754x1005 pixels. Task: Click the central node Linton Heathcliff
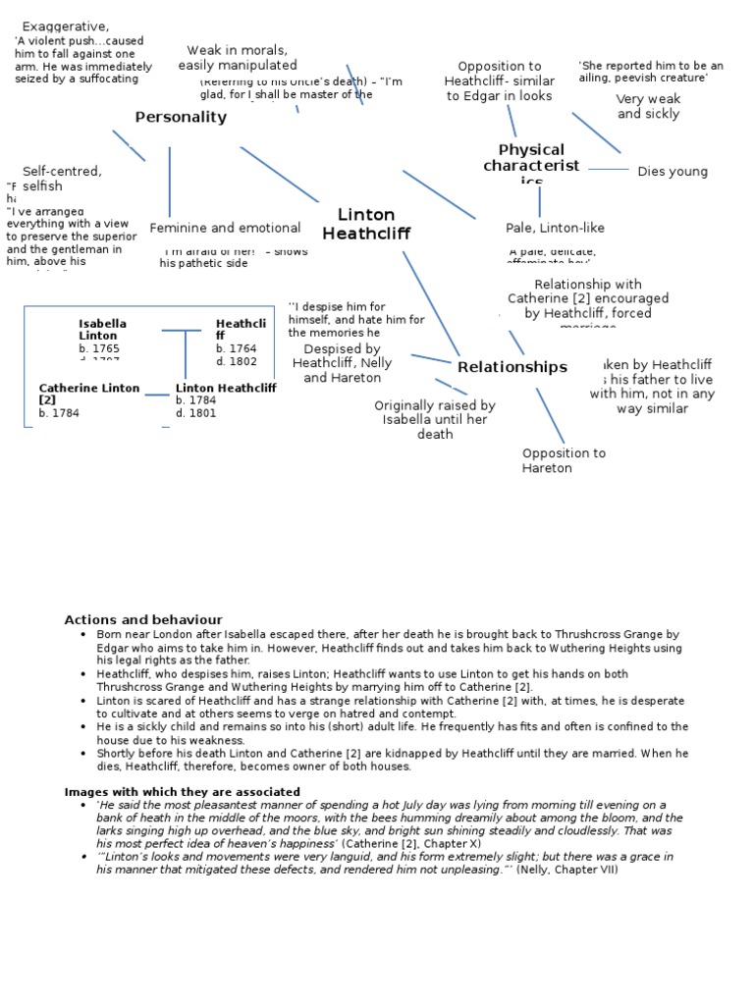click(366, 224)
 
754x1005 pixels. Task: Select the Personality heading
click(181, 118)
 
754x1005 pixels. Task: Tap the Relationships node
click(512, 367)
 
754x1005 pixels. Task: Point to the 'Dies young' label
click(673, 172)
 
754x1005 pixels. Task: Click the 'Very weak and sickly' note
click(648, 107)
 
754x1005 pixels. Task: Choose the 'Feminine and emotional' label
click(225, 228)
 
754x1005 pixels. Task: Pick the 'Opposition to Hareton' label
click(564, 460)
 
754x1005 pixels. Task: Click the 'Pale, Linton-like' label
click(555, 228)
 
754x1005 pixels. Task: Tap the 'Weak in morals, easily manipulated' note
click(238, 58)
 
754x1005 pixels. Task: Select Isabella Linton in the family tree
click(102, 329)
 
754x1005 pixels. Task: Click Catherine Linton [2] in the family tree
click(89, 394)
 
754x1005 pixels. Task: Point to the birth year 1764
click(237, 348)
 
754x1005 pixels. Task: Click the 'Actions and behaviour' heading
click(143, 620)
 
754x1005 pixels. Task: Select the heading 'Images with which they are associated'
click(183, 792)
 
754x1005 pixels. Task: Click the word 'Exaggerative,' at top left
click(66, 26)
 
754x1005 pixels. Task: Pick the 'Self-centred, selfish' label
click(62, 178)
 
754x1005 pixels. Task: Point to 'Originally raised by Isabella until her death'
click(435, 419)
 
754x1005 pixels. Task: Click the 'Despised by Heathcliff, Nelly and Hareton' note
click(342, 363)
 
